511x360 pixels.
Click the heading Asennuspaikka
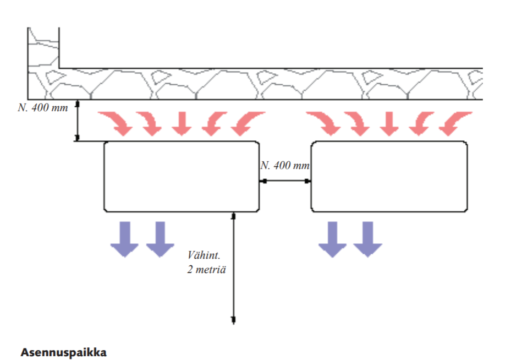click(64, 352)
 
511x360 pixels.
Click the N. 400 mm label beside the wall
click(42, 107)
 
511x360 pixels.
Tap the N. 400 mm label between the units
click(285, 166)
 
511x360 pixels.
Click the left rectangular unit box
click(182, 176)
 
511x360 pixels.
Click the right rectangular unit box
click(389, 176)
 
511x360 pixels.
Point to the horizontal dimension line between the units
click(285, 181)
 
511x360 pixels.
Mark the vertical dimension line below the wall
click(78, 121)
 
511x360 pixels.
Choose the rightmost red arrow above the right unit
click(455, 123)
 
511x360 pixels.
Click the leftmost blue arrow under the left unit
click(125, 239)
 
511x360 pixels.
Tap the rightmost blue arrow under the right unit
click(367, 239)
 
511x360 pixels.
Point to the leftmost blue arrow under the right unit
click(333, 239)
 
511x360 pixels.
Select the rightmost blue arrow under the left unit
click(160, 239)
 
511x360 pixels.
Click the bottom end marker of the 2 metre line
click(233, 319)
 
